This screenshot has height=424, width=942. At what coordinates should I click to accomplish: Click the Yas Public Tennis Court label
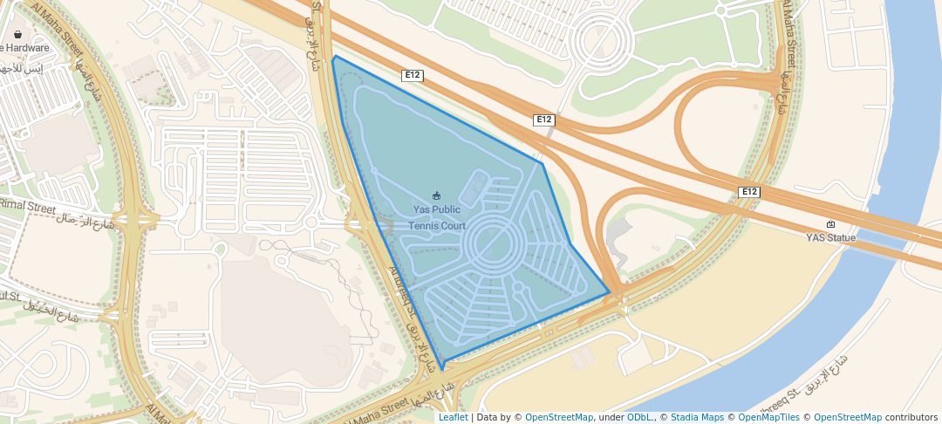point(440,218)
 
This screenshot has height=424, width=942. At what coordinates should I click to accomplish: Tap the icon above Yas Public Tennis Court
point(438,195)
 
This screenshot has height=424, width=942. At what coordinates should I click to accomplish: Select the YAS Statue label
point(829,237)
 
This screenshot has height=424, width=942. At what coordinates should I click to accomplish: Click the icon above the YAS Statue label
point(830,224)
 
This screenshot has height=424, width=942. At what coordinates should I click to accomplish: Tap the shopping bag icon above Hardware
point(17,35)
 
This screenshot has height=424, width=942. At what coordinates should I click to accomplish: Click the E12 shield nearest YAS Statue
point(748,192)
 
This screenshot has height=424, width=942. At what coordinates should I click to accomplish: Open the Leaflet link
point(453,417)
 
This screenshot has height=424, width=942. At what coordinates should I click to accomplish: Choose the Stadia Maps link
point(697,417)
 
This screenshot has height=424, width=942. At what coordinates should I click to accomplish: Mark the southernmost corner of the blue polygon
point(442,370)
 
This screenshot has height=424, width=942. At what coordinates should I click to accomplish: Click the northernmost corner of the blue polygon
point(335,56)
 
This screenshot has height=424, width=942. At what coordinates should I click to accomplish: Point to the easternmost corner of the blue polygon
point(610,292)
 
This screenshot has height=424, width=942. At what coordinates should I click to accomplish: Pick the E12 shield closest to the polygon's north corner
point(413,76)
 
